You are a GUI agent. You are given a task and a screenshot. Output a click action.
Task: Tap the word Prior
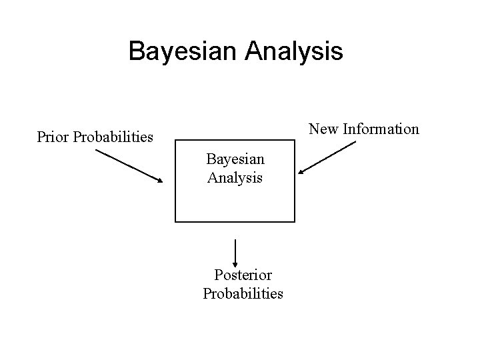(53, 138)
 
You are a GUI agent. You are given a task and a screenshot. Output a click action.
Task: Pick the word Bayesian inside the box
(235, 159)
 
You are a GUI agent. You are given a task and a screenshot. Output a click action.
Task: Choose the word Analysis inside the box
(235, 178)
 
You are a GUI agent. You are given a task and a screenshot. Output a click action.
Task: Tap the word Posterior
(243, 275)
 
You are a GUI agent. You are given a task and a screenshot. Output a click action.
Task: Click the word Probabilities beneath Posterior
(243, 293)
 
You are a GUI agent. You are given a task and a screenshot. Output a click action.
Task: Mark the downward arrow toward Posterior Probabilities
(235, 252)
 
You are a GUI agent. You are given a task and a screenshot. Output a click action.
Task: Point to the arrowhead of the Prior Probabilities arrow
(160, 181)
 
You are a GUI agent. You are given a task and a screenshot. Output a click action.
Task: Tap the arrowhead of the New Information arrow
(301, 173)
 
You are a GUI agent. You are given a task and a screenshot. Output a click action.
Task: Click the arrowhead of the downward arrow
(235, 263)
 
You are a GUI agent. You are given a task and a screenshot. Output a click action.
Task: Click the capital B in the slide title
(137, 51)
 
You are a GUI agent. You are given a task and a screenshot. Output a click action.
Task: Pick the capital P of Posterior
(218, 275)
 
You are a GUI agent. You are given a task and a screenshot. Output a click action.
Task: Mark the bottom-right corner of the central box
(295, 221)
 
